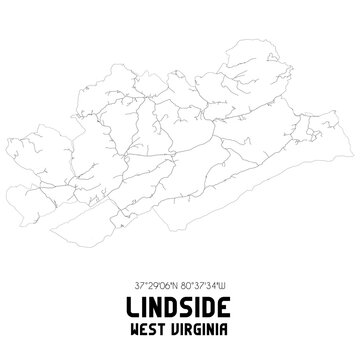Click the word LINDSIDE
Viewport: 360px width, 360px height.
click(180, 303)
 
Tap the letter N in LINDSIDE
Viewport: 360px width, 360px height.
click(158, 303)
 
